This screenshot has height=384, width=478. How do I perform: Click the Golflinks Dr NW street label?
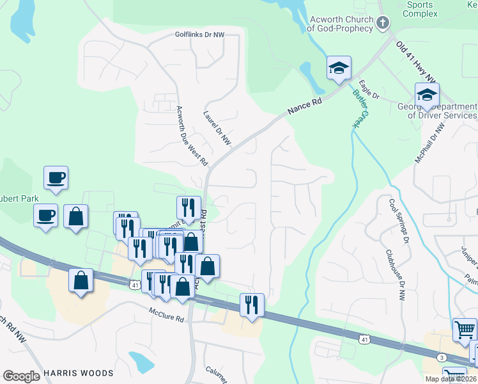200,35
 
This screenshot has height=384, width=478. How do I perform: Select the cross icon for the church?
382,24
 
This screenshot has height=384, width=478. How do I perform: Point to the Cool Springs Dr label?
398,221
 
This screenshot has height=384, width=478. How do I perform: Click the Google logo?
21,376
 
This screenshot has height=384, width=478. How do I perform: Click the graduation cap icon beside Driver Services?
426,95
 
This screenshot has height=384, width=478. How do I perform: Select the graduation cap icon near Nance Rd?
338,68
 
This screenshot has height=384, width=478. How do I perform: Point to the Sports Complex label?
419,9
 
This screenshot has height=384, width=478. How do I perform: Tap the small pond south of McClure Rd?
141,362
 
